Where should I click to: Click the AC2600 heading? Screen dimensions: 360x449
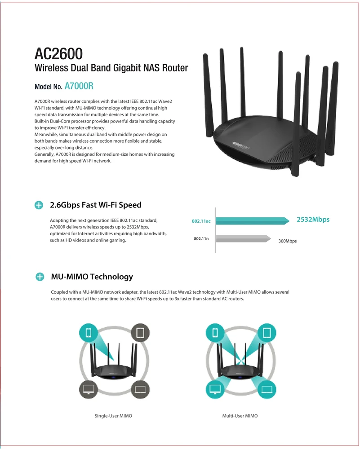click(58, 53)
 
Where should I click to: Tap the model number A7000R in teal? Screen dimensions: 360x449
click(79, 86)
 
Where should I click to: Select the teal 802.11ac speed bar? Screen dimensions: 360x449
click(253, 221)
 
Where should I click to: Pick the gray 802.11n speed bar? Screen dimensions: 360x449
click(243, 238)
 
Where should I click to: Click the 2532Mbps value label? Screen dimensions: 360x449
click(313, 220)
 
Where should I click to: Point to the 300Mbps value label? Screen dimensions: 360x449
click(288, 241)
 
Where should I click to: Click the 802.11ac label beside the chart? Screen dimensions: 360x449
click(201, 221)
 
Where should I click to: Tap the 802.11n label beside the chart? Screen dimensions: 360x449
click(201, 238)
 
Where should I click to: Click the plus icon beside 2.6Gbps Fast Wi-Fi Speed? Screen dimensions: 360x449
click(39, 205)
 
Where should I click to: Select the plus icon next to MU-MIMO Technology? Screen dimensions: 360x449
click(40, 277)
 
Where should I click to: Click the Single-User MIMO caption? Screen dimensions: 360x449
click(113, 416)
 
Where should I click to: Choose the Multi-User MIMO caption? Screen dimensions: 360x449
click(240, 416)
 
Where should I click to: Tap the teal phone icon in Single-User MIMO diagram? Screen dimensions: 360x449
click(88, 333)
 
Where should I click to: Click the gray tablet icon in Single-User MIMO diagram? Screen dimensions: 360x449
click(140, 333)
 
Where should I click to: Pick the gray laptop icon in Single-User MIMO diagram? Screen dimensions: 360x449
click(140, 389)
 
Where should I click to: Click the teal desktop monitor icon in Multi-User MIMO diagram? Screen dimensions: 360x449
click(215, 389)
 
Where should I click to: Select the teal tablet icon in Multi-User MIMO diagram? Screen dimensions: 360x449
click(267, 333)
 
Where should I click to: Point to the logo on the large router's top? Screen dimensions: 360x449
click(240, 145)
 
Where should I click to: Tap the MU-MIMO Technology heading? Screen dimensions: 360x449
click(92, 277)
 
